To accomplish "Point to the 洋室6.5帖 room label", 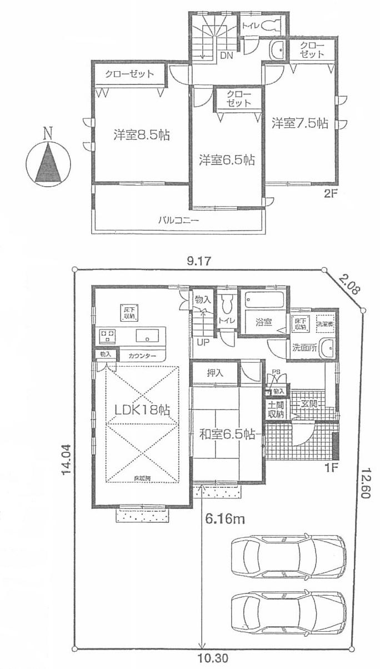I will pos(227,160).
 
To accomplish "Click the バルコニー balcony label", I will pos(178,221).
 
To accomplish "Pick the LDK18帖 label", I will pos(142,410).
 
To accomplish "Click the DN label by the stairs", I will pos(226,55).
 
